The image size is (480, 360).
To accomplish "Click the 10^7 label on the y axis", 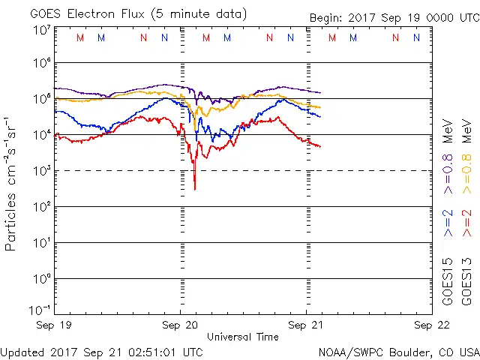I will coord(40,29).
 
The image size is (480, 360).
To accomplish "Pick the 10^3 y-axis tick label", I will coord(40,170).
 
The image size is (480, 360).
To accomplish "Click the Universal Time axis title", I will coord(242,337).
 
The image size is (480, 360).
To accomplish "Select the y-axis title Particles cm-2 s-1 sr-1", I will coord(11,183).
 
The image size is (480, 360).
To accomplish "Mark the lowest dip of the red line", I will coord(194,188).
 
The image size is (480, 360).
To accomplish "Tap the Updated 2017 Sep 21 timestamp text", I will coord(101,351).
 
